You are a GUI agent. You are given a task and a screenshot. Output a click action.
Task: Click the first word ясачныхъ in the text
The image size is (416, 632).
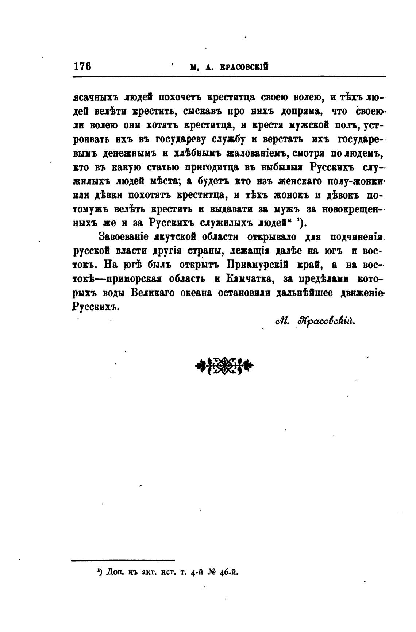click(x=95, y=97)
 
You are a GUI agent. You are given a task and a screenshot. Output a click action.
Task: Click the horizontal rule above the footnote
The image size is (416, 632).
click(x=123, y=560)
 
